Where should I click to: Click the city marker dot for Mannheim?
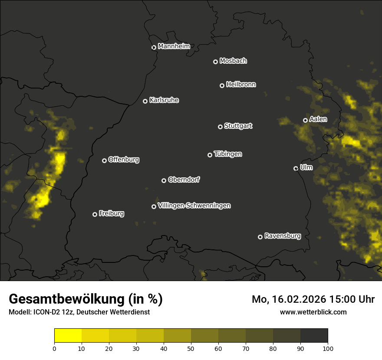tap(154, 48)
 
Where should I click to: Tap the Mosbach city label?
tap(233, 61)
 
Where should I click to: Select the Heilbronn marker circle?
tap(222, 85)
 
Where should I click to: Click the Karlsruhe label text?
tap(164, 100)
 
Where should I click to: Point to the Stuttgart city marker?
tap(220, 127)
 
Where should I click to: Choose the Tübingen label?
tap(228, 154)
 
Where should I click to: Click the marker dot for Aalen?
tap(305, 120)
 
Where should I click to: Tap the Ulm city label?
tap(306, 167)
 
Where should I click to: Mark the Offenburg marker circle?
tap(104, 160)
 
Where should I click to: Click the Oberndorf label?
tap(184, 180)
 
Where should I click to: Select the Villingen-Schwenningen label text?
tap(194, 206)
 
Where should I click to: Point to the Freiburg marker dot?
tap(95, 214)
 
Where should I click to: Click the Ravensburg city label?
tap(282, 236)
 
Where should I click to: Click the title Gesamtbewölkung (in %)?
tap(86, 299)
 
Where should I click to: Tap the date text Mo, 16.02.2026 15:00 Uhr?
tap(313, 299)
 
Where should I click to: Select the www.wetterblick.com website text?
tap(313, 312)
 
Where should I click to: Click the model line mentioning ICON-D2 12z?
tap(79, 312)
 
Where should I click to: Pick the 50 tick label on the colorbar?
tap(191, 348)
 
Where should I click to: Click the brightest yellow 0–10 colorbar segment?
tap(68, 336)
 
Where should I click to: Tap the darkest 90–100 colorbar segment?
tap(314, 336)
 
